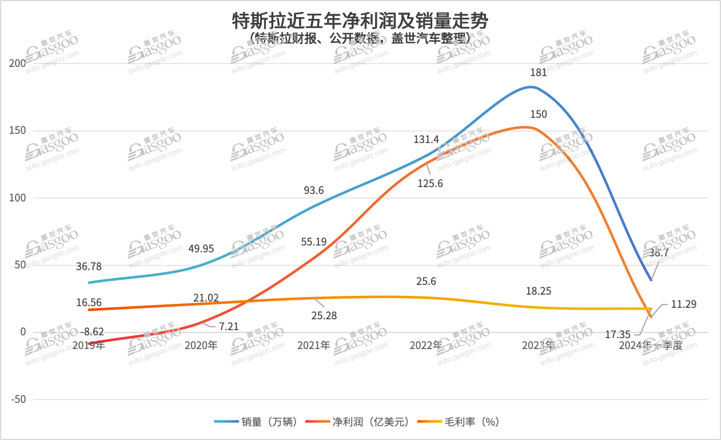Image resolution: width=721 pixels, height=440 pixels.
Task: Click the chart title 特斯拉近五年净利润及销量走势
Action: pos(360,22)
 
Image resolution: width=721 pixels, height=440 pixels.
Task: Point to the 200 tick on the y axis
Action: pos(19,64)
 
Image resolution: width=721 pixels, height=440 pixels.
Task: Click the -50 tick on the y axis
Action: pos(19,399)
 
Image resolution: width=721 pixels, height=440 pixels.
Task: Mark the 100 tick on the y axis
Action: pos(19,198)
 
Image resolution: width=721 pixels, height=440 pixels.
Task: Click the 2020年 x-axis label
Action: pos(201,346)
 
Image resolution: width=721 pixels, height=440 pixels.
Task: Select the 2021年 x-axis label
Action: pos(314,346)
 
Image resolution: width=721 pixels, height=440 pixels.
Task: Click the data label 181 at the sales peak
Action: pos(539,73)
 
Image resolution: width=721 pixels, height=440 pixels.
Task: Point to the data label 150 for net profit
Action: pos(539,114)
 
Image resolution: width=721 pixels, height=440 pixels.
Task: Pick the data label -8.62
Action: pos(91,331)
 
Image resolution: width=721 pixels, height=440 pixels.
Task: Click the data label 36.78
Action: pos(90,266)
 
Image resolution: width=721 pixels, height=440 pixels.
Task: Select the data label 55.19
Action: pos(314,242)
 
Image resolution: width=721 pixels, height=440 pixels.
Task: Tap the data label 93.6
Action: pos(313,191)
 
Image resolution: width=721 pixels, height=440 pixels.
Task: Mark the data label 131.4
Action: pos(427,140)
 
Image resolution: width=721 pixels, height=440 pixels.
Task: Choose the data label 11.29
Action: pos(683,304)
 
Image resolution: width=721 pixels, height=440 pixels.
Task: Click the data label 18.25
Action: pos(539,291)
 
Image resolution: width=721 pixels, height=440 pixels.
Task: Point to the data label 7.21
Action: pos(229,327)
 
